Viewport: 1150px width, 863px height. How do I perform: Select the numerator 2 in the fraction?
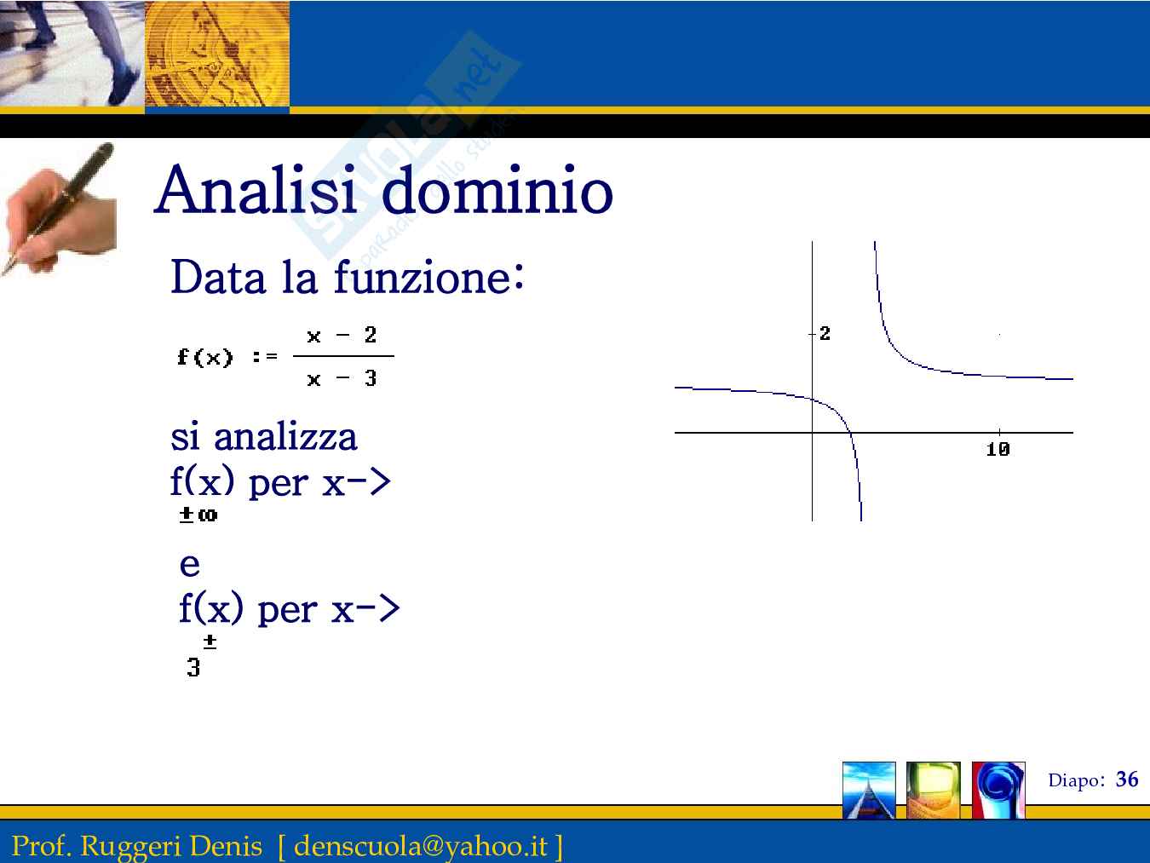point(371,334)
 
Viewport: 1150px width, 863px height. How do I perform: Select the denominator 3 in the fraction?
point(371,377)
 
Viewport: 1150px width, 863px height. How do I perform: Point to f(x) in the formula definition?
point(204,357)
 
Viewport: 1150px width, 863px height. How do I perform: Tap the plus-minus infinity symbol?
point(198,515)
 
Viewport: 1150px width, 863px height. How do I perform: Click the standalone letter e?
point(190,565)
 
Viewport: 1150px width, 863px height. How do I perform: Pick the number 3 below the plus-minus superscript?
point(193,667)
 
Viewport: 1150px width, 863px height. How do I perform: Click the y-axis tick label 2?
point(825,333)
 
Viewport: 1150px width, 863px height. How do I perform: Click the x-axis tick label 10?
point(998,449)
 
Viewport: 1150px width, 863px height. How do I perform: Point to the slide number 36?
point(1127,780)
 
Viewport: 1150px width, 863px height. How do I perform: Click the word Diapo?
point(1073,780)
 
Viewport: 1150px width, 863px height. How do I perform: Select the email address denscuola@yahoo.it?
point(420,846)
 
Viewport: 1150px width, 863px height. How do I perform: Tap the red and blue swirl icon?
point(998,790)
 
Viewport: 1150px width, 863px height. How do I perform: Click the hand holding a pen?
point(58,209)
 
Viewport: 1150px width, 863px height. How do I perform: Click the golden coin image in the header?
point(217,54)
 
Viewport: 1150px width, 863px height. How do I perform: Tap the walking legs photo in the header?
point(72,54)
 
